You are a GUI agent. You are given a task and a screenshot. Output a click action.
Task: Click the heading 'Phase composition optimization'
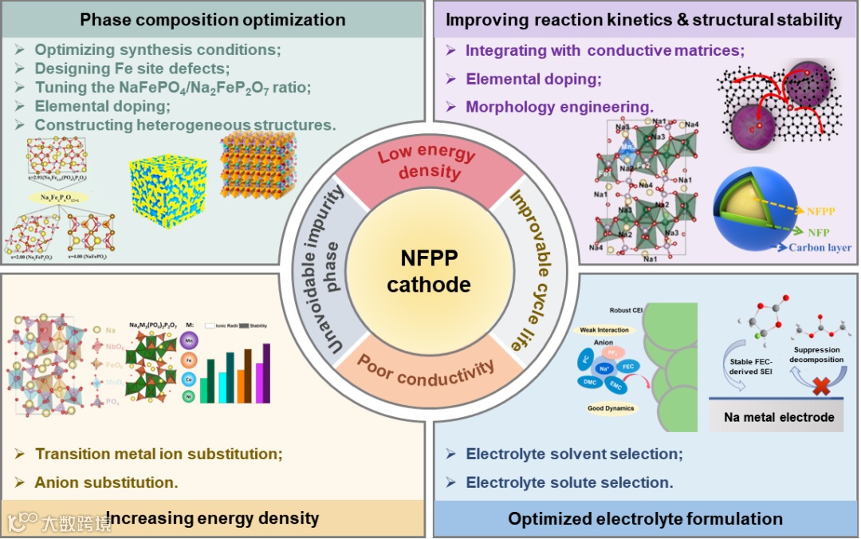point(213,19)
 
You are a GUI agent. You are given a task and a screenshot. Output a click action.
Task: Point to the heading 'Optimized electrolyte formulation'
point(645,519)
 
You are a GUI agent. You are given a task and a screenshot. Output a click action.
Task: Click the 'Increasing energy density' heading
point(212,518)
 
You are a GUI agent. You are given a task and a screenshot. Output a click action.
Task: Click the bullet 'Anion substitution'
point(106,482)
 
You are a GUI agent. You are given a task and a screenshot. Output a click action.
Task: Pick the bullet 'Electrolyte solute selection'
point(569,482)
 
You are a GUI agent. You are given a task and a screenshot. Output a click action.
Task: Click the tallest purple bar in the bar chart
point(266,372)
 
